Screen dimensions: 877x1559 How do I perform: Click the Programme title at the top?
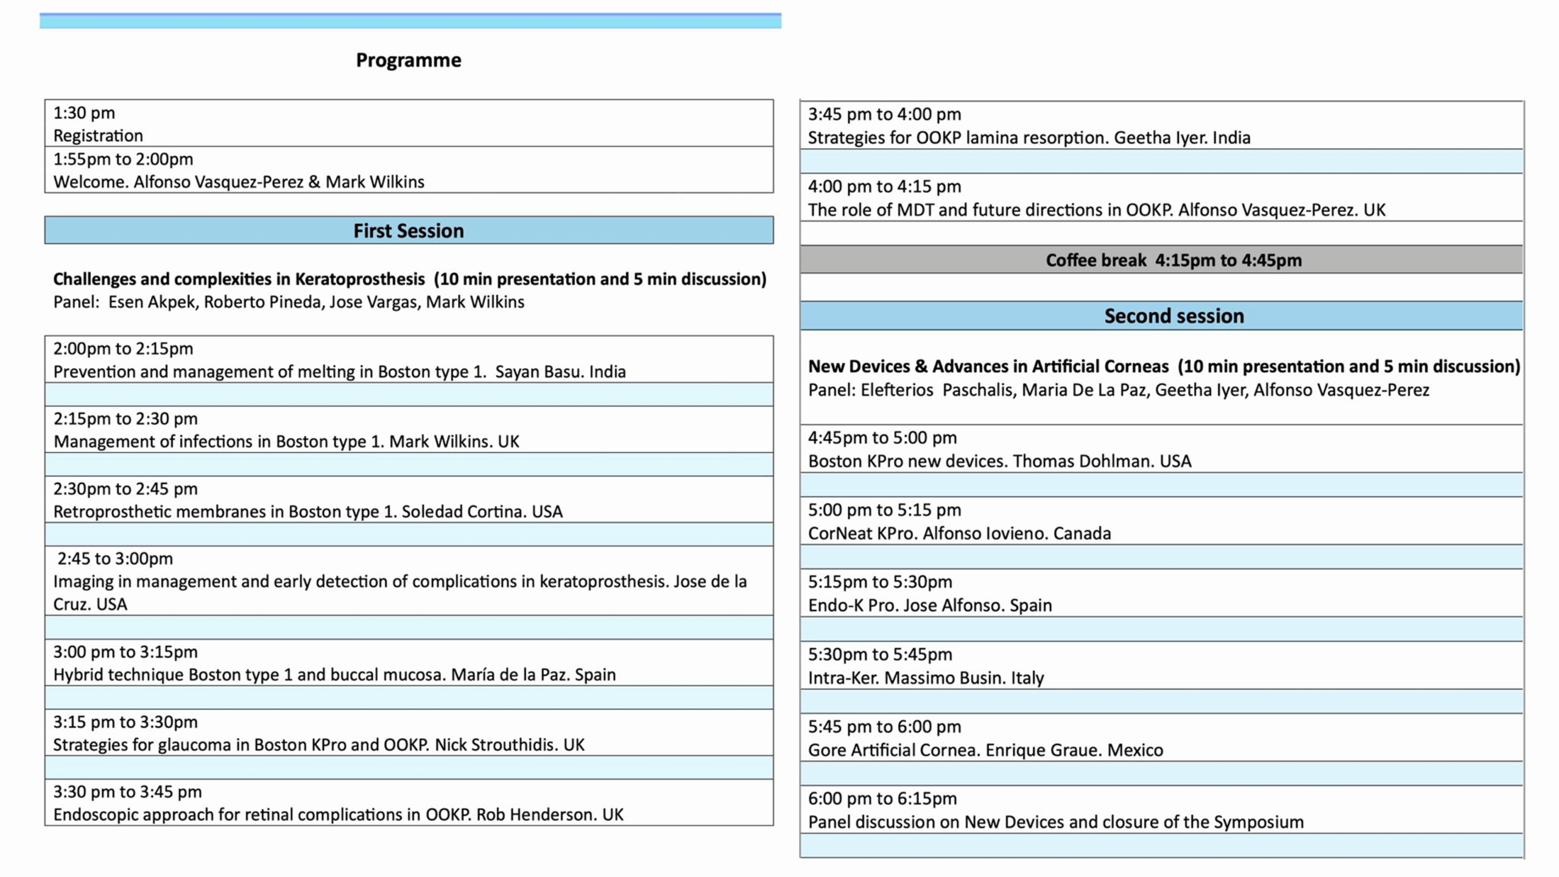click(408, 60)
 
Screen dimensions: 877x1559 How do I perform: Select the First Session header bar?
click(408, 230)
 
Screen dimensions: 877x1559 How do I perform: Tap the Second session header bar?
click(1174, 315)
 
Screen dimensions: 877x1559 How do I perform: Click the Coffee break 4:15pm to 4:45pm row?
click(1174, 260)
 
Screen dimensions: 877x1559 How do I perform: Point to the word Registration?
click(98, 135)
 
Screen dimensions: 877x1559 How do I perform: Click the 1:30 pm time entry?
click(84, 113)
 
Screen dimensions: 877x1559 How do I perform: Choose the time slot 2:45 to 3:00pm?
click(115, 558)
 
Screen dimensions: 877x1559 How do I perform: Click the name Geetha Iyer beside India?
click(1160, 138)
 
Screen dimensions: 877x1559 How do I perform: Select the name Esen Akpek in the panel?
click(152, 302)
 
